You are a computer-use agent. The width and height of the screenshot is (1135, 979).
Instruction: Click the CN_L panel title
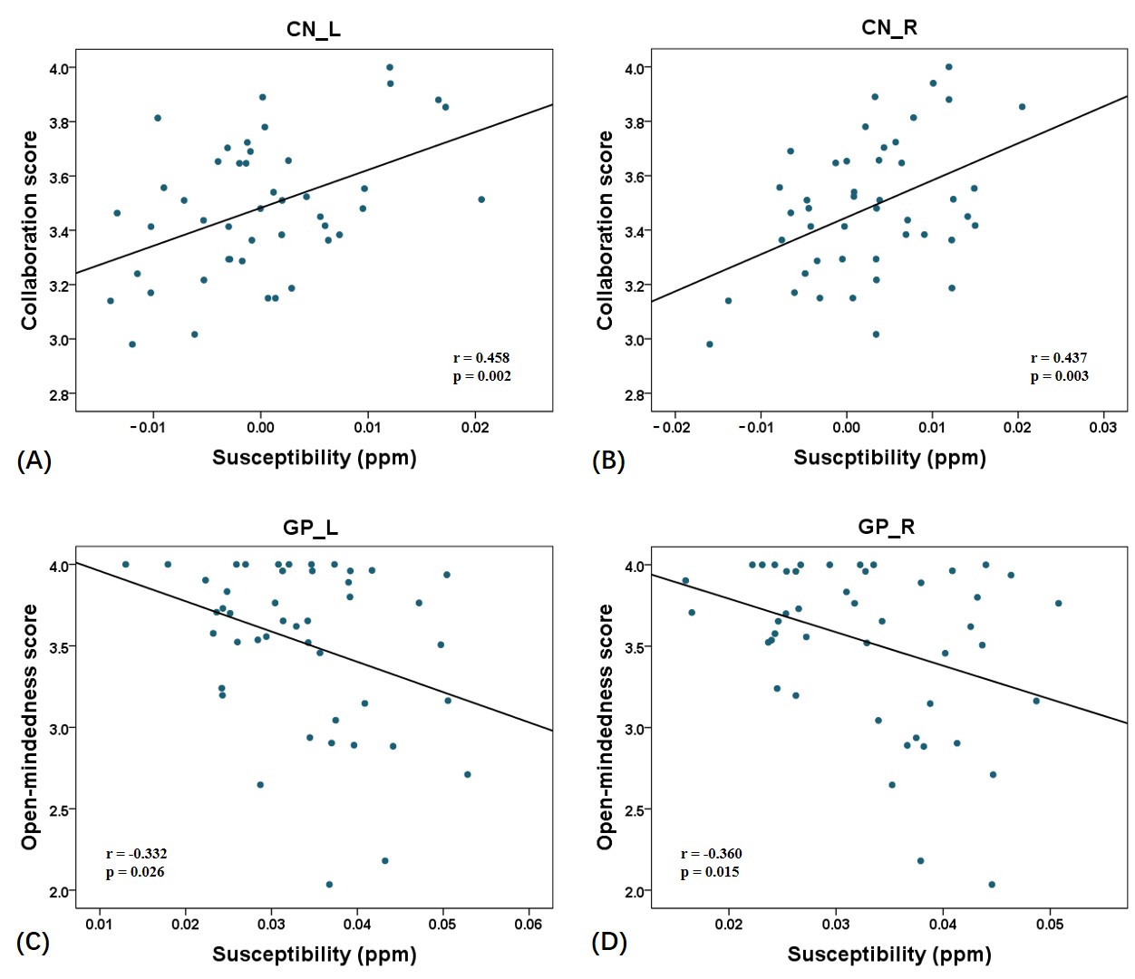(x=314, y=29)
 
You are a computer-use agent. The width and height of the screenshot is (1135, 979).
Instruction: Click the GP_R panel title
(x=887, y=527)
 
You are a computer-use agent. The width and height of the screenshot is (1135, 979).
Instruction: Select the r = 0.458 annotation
(x=481, y=358)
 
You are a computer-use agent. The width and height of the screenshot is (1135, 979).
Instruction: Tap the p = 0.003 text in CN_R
(x=1059, y=376)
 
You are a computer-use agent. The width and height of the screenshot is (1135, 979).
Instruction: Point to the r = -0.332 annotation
(x=136, y=854)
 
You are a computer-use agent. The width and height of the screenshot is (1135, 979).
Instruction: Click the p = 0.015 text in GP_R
(x=710, y=872)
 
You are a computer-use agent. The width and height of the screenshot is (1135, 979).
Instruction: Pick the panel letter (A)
(x=34, y=460)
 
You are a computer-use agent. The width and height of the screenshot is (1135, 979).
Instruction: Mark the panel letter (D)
(x=609, y=942)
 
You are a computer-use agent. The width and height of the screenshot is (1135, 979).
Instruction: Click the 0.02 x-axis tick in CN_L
(x=475, y=427)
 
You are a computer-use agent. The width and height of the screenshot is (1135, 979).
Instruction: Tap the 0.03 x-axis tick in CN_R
(x=1103, y=427)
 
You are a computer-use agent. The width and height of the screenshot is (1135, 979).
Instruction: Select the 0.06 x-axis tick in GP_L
(x=529, y=924)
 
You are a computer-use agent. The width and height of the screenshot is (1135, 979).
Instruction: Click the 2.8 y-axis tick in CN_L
(x=60, y=394)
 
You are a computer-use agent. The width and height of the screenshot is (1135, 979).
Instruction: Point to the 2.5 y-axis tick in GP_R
(x=635, y=809)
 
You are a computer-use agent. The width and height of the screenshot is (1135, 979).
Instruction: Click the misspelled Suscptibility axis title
(x=889, y=458)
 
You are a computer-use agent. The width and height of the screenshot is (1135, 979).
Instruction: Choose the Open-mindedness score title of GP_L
(x=30, y=727)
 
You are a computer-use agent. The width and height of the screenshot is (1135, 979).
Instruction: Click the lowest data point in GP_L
(x=329, y=884)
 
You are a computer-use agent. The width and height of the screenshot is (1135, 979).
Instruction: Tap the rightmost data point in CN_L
(x=481, y=199)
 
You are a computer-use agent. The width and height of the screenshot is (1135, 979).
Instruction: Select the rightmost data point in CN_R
(x=1022, y=107)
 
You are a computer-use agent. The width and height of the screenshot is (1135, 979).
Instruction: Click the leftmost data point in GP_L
(x=126, y=564)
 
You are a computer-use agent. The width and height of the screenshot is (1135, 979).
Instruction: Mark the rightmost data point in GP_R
(x=1058, y=603)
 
